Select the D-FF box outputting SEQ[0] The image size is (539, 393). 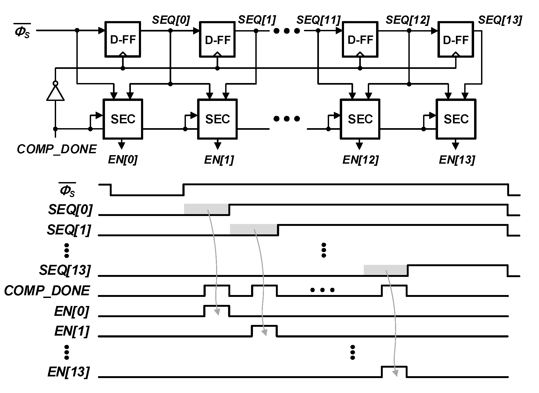pyautogui.click(x=123, y=39)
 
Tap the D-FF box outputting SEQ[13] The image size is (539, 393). pyautogui.click(x=456, y=39)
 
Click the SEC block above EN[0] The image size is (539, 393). pyautogui.click(x=123, y=119)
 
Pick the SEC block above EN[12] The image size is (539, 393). pyautogui.click(x=360, y=119)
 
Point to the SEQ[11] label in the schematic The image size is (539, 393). pyautogui.click(x=318, y=20)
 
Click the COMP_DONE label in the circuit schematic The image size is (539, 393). pyautogui.click(x=57, y=149)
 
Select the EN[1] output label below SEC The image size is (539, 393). pyautogui.click(x=219, y=160)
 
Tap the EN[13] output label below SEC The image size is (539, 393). pyautogui.click(x=457, y=160)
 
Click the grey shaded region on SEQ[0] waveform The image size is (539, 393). pyautogui.click(x=206, y=209)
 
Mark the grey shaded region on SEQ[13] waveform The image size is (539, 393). pyautogui.click(x=385, y=270)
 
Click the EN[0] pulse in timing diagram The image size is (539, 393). pyautogui.click(x=217, y=311)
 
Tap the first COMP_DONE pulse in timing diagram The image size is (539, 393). pyautogui.click(x=217, y=290)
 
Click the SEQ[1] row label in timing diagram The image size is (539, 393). pyautogui.click(x=69, y=230)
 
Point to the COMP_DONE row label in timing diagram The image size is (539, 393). pyautogui.click(x=47, y=290)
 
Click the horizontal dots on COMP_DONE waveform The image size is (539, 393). pyautogui.click(x=322, y=290)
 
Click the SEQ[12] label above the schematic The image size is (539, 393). pyautogui.click(x=408, y=20)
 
